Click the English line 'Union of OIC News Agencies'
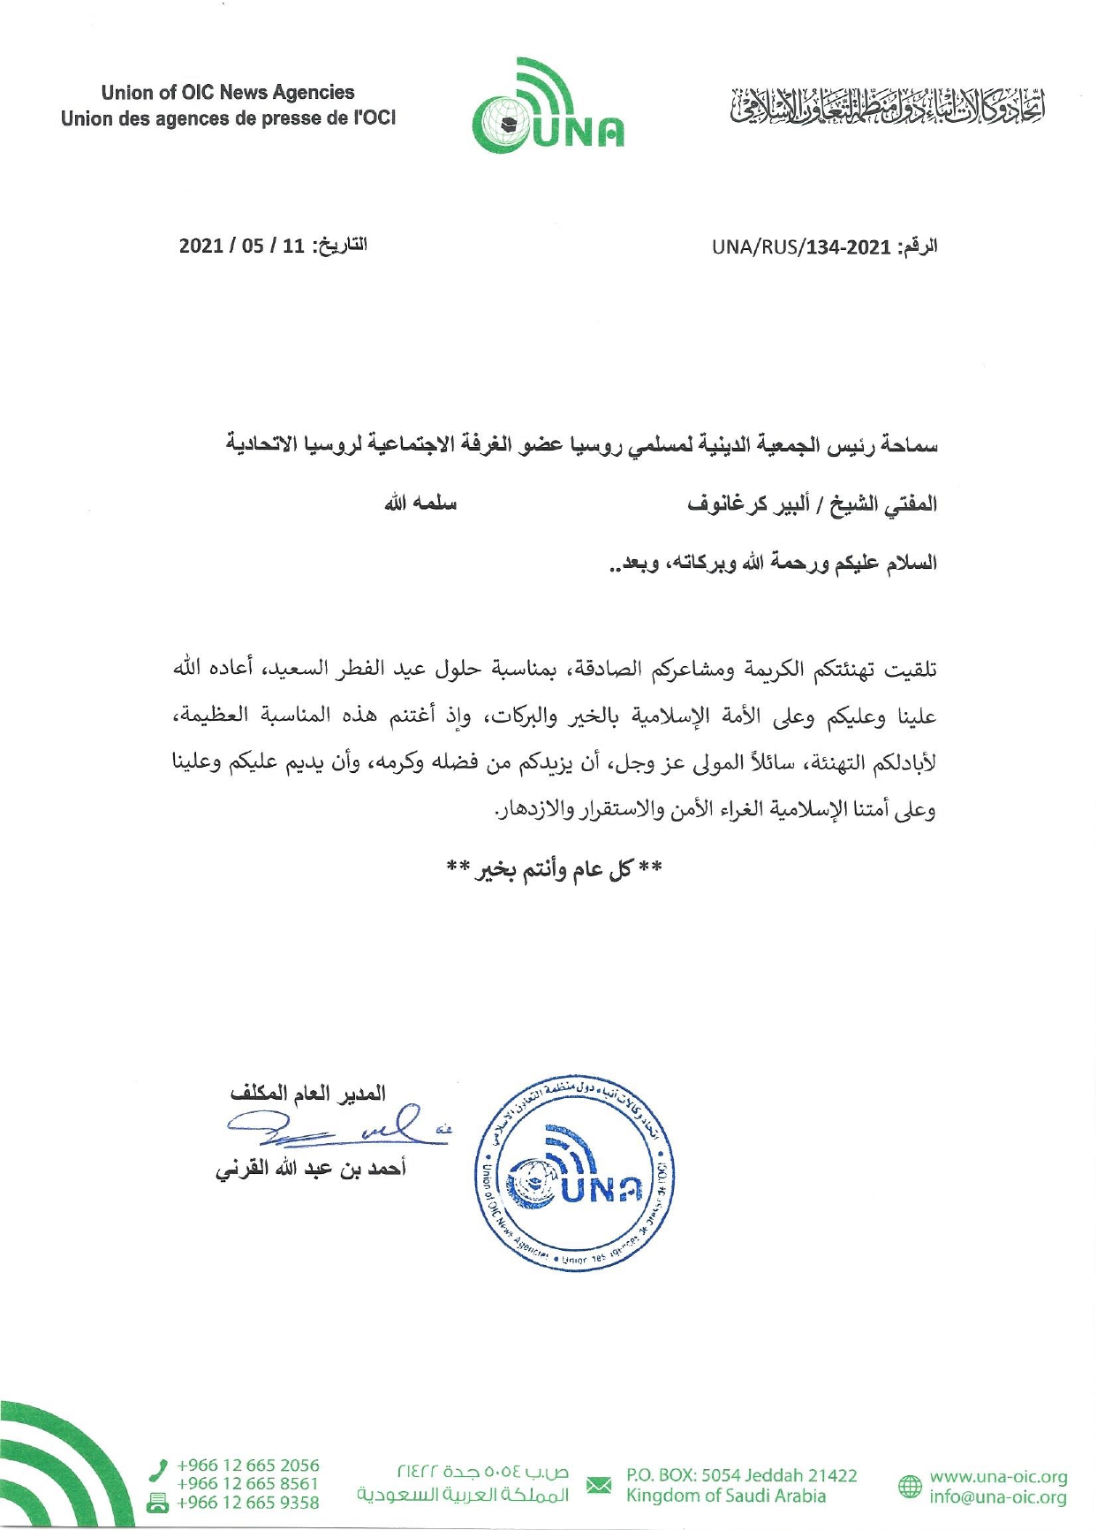point(228,93)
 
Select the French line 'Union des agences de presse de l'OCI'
point(228,118)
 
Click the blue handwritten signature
point(336,1126)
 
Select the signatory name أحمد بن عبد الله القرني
point(310,1169)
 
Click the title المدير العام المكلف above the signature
point(308,1094)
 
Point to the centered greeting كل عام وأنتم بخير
point(554,870)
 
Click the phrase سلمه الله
point(420,504)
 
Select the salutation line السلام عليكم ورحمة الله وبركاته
point(773,563)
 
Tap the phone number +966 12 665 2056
point(247,1465)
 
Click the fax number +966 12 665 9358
point(247,1502)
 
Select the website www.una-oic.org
point(998,1476)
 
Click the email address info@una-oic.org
point(998,1496)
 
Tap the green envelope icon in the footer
point(599,1484)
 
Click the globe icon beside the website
point(909,1486)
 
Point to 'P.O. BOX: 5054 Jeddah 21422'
point(742,1474)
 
